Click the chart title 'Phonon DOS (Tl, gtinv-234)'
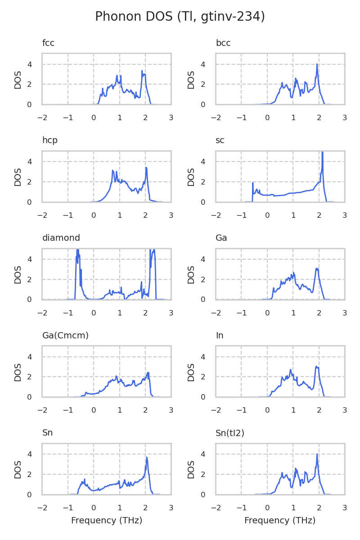[x=180, y=17]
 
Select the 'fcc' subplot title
[x=48, y=43]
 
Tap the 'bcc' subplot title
[x=223, y=43]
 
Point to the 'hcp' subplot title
[x=50, y=140]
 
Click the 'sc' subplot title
[x=220, y=140]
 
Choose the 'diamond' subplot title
[x=61, y=238]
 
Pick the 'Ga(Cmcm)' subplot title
[x=65, y=336]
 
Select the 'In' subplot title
[x=220, y=336]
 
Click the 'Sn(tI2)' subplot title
[x=230, y=433]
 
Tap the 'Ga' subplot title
[x=221, y=238]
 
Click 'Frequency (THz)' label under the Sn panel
[x=107, y=521]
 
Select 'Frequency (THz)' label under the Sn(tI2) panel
[x=280, y=521]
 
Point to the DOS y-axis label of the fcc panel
[x=18, y=79]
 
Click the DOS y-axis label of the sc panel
[x=191, y=176]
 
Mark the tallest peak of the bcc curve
[x=317, y=64]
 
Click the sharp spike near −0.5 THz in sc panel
[x=253, y=183]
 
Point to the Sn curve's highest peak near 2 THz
[x=147, y=458]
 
